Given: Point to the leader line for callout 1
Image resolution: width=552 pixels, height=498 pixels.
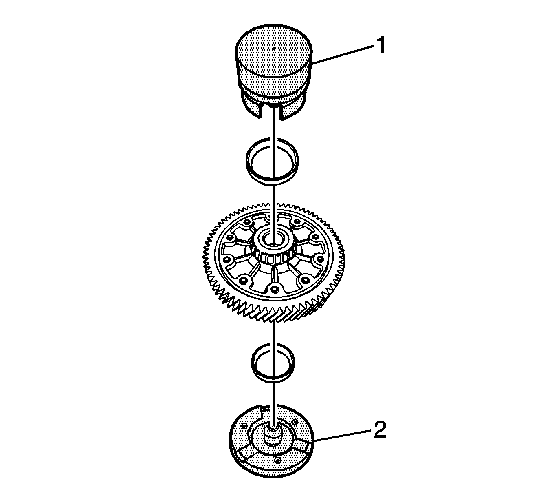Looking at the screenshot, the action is click(x=342, y=55).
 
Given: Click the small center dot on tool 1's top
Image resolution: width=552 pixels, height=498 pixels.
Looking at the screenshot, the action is click(x=273, y=49).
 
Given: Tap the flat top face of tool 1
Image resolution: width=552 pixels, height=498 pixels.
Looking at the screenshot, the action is click(x=273, y=52).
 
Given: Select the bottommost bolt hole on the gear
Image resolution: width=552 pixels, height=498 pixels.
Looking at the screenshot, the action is click(x=273, y=289).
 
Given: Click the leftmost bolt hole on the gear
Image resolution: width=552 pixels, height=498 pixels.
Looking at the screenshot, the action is click(x=227, y=260).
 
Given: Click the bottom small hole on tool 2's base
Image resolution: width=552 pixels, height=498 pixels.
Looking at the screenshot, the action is click(x=278, y=468).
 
